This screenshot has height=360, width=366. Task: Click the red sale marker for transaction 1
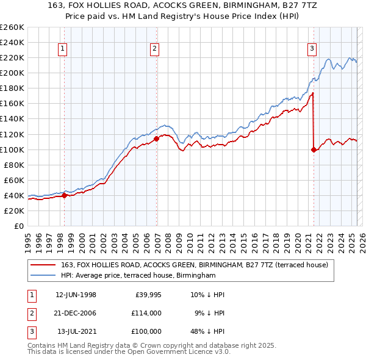point(65,195)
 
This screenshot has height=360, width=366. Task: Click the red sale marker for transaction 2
point(157,139)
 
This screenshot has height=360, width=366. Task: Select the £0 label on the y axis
point(18,226)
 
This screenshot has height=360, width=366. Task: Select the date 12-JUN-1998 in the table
point(76,295)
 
